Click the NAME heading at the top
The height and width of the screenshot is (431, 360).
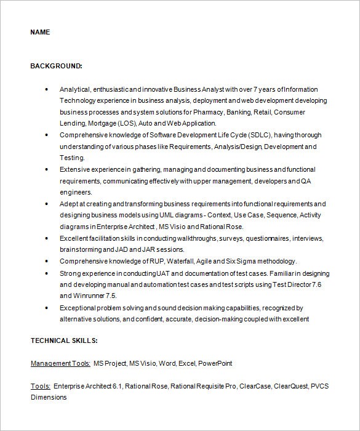(x=40, y=32)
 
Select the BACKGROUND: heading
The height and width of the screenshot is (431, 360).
(x=56, y=65)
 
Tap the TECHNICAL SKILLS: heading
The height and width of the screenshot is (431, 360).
(x=64, y=340)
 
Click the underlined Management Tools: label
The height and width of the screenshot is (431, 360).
(x=60, y=363)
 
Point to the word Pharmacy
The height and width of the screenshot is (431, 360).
(x=207, y=113)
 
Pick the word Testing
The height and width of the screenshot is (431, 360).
(x=72, y=158)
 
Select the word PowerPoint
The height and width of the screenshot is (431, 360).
(x=215, y=363)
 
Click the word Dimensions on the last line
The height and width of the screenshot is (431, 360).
(x=49, y=397)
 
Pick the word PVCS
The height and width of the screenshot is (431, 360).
(x=321, y=386)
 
